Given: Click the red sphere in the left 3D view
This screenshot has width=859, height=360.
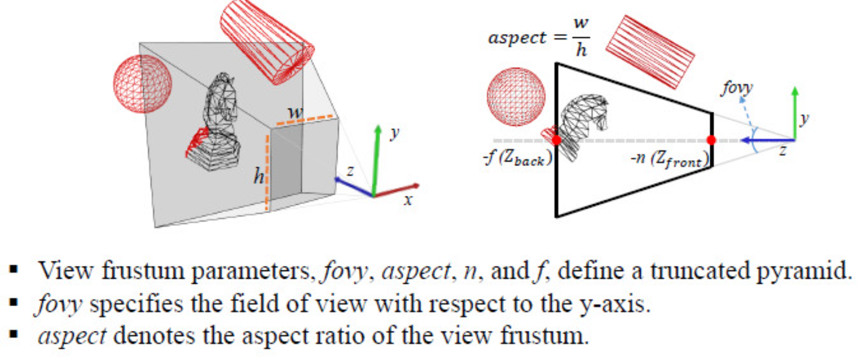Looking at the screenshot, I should (142, 84).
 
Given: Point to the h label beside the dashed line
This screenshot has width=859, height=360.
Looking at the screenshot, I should (258, 177).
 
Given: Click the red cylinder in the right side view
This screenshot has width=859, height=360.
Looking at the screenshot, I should (650, 51).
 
